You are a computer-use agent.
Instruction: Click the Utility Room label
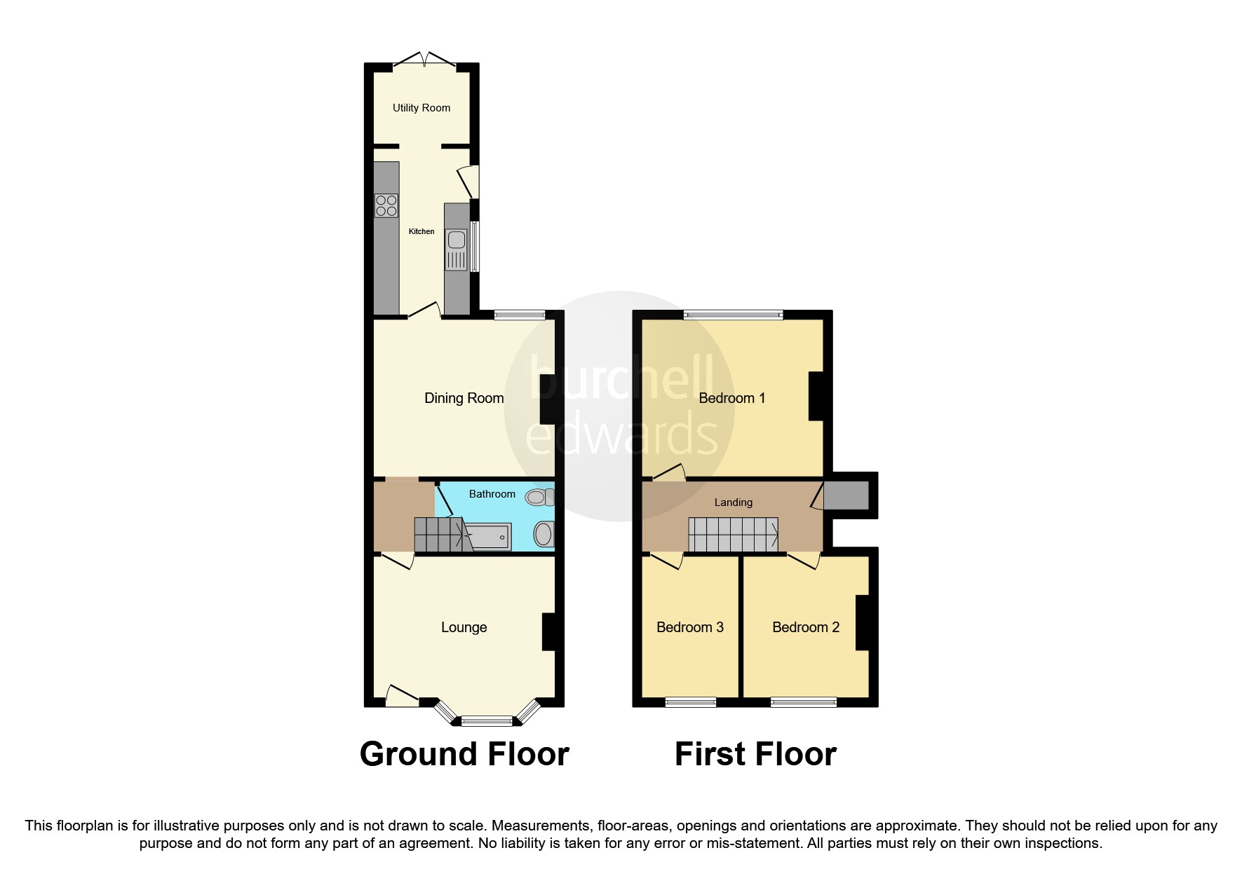coord(421,108)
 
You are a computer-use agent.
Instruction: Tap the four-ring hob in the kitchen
coord(386,205)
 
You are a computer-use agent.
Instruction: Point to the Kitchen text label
coord(421,231)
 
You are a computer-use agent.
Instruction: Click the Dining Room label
coord(464,398)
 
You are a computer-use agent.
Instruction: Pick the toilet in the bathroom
coord(539,498)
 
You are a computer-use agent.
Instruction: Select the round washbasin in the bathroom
coord(543,534)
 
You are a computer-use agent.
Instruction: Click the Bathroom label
coord(492,494)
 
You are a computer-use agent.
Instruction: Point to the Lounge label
coord(464,627)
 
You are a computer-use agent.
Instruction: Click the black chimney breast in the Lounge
coord(549,632)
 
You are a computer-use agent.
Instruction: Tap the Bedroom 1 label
coord(731,398)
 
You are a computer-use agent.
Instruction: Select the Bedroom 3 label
coord(689,627)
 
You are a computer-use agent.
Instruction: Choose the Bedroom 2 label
coord(805,627)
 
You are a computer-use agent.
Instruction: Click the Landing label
coord(733,502)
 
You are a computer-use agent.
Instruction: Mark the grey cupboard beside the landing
coord(846,495)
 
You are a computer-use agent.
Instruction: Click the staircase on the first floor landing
coord(732,535)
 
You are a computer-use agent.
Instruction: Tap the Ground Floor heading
coord(464,754)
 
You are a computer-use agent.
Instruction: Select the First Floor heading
coord(755,754)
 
